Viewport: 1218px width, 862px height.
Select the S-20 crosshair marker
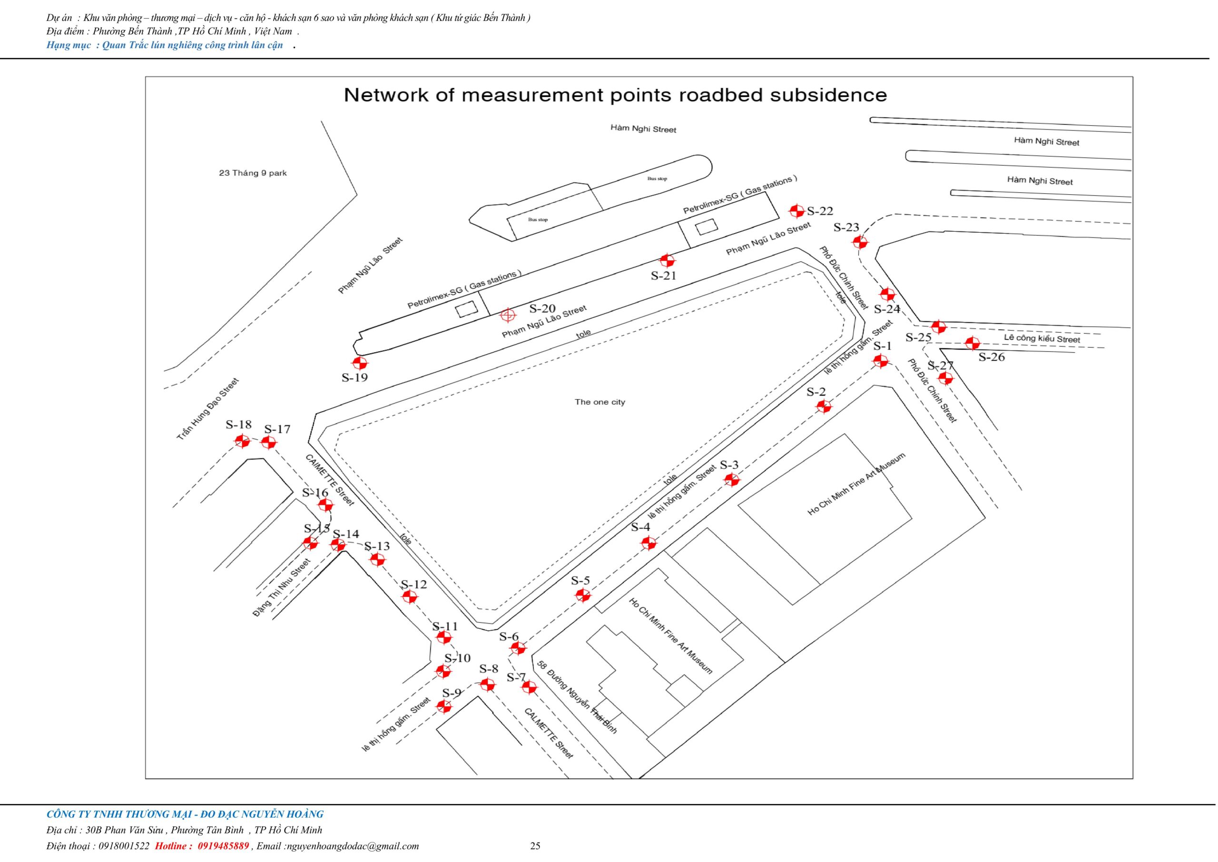pos(508,315)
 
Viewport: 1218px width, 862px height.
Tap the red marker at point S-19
pos(361,363)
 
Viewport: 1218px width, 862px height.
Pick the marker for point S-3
pos(732,480)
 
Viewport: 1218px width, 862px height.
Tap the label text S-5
pos(580,580)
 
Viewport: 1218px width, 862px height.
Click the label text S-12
pos(414,585)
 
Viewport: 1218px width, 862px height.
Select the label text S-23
pos(846,228)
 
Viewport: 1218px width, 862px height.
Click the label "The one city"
pos(599,402)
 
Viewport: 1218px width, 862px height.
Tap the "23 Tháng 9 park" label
pos(253,173)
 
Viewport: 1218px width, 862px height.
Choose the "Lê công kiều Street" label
pos(1042,338)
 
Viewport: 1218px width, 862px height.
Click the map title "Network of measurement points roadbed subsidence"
pos(615,96)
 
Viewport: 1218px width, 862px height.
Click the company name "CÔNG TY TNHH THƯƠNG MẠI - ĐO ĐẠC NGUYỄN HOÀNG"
pos(185,814)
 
